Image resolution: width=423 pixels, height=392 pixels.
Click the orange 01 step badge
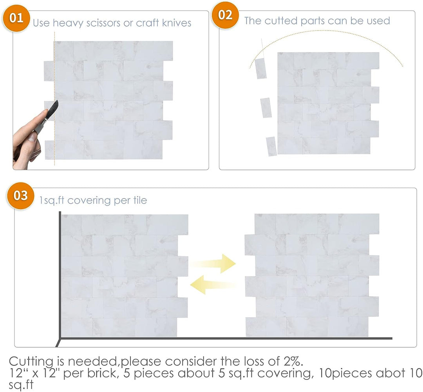[16, 19]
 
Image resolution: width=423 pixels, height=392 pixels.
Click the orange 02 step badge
[225, 16]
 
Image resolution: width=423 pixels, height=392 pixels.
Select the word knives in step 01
[176, 23]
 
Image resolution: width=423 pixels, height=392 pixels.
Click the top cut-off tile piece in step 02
[261, 68]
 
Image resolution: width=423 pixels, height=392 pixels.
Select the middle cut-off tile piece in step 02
[266, 108]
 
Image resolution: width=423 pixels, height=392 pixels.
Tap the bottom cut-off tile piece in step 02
[271, 146]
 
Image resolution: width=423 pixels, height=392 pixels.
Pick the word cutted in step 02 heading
[278, 21]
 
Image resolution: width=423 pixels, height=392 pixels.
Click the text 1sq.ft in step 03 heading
[52, 201]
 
